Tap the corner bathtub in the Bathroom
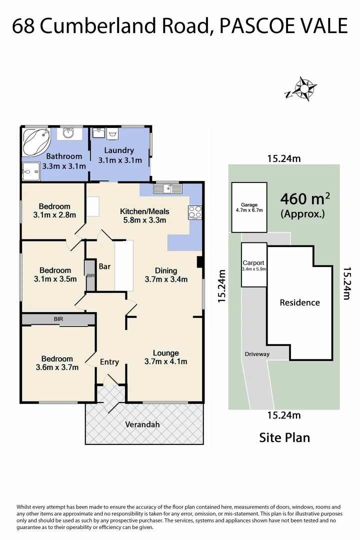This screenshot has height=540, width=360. (x=35, y=141)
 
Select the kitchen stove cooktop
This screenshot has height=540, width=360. (x=195, y=212)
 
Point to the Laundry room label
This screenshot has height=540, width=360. (x=119, y=150)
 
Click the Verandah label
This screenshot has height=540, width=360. (x=142, y=424)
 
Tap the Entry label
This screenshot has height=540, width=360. (x=109, y=362)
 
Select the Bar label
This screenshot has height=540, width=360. (x=104, y=266)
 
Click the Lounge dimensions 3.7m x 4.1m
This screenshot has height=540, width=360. (x=165, y=361)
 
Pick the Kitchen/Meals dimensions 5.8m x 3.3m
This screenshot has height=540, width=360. (x=144, y=220)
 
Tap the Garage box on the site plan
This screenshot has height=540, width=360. (x=249, y=207)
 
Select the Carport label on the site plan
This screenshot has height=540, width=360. (x=253, y=263)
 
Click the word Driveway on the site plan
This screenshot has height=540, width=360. (x=257, y=354)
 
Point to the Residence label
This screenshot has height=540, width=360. (x=299, y=302)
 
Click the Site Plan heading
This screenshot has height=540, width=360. (x=284, y=437)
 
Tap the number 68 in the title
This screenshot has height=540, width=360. (x=23, y=26)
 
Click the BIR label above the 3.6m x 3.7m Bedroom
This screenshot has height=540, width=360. (x=58, y=319)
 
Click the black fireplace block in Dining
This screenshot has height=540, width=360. (x=199, y=262)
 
